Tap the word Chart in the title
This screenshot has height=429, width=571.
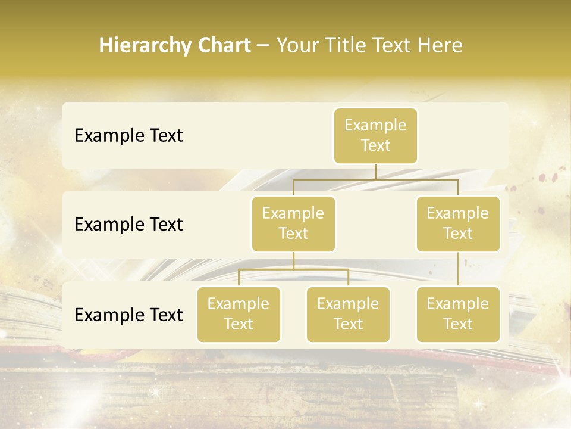(x=223, y=46)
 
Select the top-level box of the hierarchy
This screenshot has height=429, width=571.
(x=375, y=135)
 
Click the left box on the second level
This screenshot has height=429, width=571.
(x=293, y=223)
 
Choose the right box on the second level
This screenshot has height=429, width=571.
(x=458, y=223)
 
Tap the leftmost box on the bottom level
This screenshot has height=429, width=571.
(x=239, y=314)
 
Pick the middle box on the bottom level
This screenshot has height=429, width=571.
(x=348, y=314)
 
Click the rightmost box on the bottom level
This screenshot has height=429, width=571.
(x=458, y=314)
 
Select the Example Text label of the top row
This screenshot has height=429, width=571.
(x=128, y=136)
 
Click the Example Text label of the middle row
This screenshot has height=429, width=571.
(x=128, y=225)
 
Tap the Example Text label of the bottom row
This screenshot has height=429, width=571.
(x=128, y=315)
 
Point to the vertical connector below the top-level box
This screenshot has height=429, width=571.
(x=375, y=172)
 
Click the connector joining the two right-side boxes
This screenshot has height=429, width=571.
(x=458, y=269)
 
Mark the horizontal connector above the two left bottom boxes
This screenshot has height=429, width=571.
(x=293, y=269)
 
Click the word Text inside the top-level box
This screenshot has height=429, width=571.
(x=375, y=145)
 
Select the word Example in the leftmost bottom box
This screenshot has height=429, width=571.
(x=239, y=304)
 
